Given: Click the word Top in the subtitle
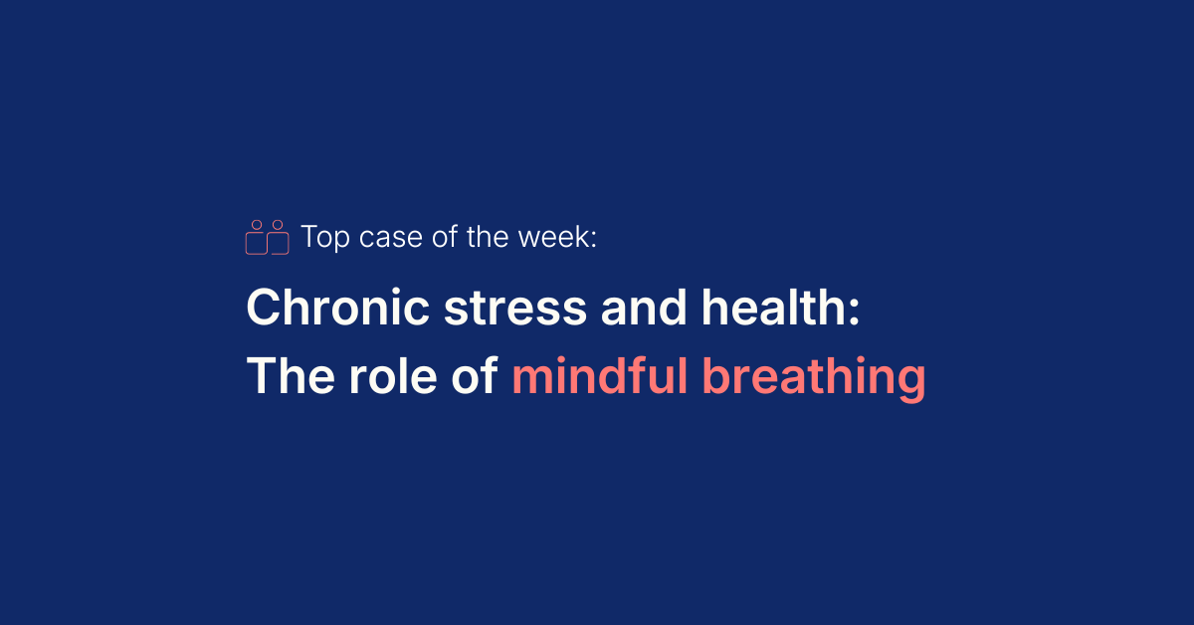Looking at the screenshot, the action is click(325, 237).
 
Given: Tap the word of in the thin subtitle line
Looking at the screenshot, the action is click(445, 236).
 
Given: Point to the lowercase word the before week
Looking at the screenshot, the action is click(488, 236).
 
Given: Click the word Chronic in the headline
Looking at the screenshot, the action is click(338, 307).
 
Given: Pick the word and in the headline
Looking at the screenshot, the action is click(644, 307).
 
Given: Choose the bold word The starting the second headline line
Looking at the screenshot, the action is click(291, 376).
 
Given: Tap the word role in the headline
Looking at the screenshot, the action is click(393, 376).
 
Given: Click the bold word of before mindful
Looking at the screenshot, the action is click(475, 376).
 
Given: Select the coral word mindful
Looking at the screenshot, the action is click(599, 376).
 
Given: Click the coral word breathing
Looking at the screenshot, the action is click(814, 379).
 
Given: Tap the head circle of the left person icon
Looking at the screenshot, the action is click(257, 225).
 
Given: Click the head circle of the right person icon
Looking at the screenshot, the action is click(278, 225).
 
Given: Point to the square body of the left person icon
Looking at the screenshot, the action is click(247, 243).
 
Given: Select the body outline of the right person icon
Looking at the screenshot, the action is click(288, 243).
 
